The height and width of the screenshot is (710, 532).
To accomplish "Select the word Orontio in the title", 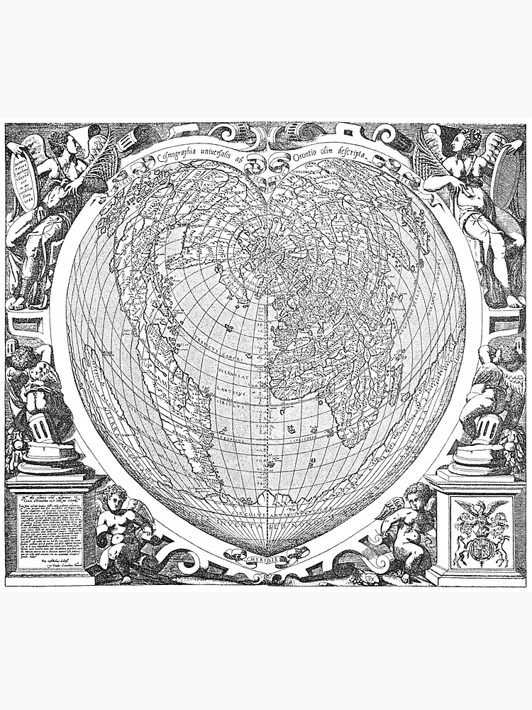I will coord(309,157).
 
